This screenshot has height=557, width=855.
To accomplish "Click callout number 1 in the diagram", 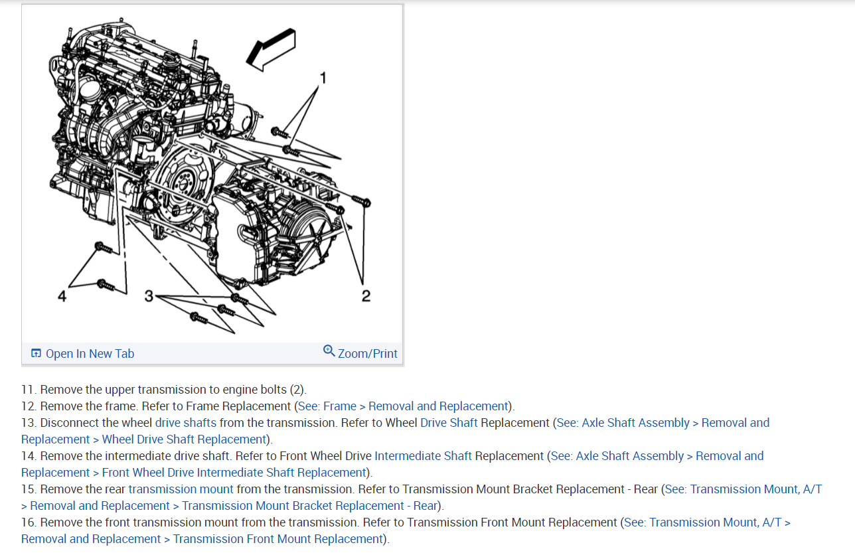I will [323, 78].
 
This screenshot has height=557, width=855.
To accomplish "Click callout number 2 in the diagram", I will [366, 295].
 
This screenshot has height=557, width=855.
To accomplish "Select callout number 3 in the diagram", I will [149, 295].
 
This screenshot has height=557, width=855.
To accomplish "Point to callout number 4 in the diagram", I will [62, 296].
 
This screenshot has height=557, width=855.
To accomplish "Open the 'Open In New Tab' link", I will [90, 354].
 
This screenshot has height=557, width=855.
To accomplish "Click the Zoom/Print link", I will [368, 354].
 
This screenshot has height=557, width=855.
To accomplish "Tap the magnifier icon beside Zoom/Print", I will [329, 351].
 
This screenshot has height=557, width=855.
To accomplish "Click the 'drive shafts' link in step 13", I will [186, 423].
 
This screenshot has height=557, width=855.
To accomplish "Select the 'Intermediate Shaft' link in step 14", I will [423, 456].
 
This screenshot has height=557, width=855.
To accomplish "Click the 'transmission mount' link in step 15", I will [181, 489].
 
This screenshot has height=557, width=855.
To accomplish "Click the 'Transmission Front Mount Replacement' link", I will [278, 539].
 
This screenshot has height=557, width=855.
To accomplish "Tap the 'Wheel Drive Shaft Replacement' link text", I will [184, 439].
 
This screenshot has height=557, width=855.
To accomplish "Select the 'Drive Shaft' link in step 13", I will [449, 423].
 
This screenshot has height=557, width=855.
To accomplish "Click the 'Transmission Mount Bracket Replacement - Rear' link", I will [309, 506].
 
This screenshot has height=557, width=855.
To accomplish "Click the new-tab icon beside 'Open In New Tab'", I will [37, 353].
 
